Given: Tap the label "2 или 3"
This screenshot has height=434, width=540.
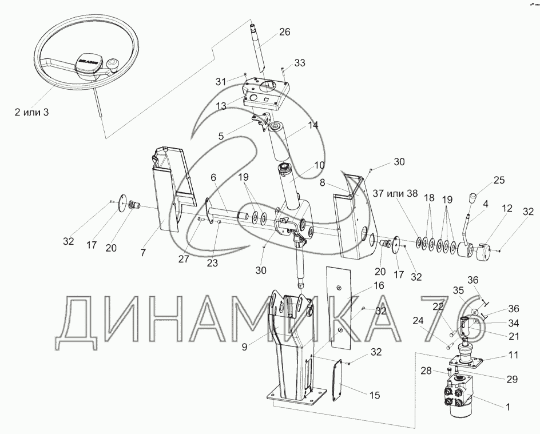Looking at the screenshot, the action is [x=31, y=112].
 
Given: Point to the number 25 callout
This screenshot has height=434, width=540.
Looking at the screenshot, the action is [x=499, y=181].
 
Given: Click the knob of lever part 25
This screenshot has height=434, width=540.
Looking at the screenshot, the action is [x=472, y=198].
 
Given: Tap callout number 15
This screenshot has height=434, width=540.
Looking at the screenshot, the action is [x=375, y=395].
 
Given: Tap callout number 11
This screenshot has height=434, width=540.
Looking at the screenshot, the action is [x=513, y=355].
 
